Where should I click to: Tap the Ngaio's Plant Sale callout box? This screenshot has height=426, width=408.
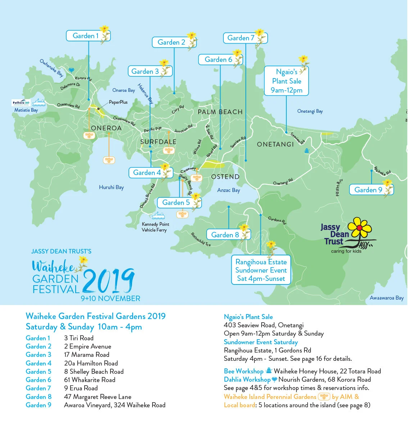coord(286,81)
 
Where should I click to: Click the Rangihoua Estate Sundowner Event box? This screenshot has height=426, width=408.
coord(261,270)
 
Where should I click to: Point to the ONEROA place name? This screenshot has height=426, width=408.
coord(106,128)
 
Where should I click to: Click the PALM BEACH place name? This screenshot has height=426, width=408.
coord(220,112)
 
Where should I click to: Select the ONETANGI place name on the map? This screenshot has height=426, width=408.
coord(275,144)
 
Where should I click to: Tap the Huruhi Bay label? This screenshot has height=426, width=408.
coord(111,187)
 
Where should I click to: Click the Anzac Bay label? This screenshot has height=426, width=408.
coord(228,190)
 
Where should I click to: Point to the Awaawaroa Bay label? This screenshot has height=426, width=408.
coord(386,298)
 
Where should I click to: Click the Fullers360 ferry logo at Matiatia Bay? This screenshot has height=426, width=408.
coord(21,103)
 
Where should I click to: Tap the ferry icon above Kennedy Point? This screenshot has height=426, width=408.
coord(158,216)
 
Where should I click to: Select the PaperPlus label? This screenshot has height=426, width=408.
coord(118,102)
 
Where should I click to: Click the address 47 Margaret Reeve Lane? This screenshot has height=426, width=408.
coord(98,397)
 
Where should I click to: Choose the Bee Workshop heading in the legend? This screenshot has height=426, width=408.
coord(244,371)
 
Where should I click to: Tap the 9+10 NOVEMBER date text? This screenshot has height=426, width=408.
coord(110,299)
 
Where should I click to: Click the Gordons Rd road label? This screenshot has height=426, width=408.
coord(277,220)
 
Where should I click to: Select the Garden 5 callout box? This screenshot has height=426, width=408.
coord(176,202)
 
